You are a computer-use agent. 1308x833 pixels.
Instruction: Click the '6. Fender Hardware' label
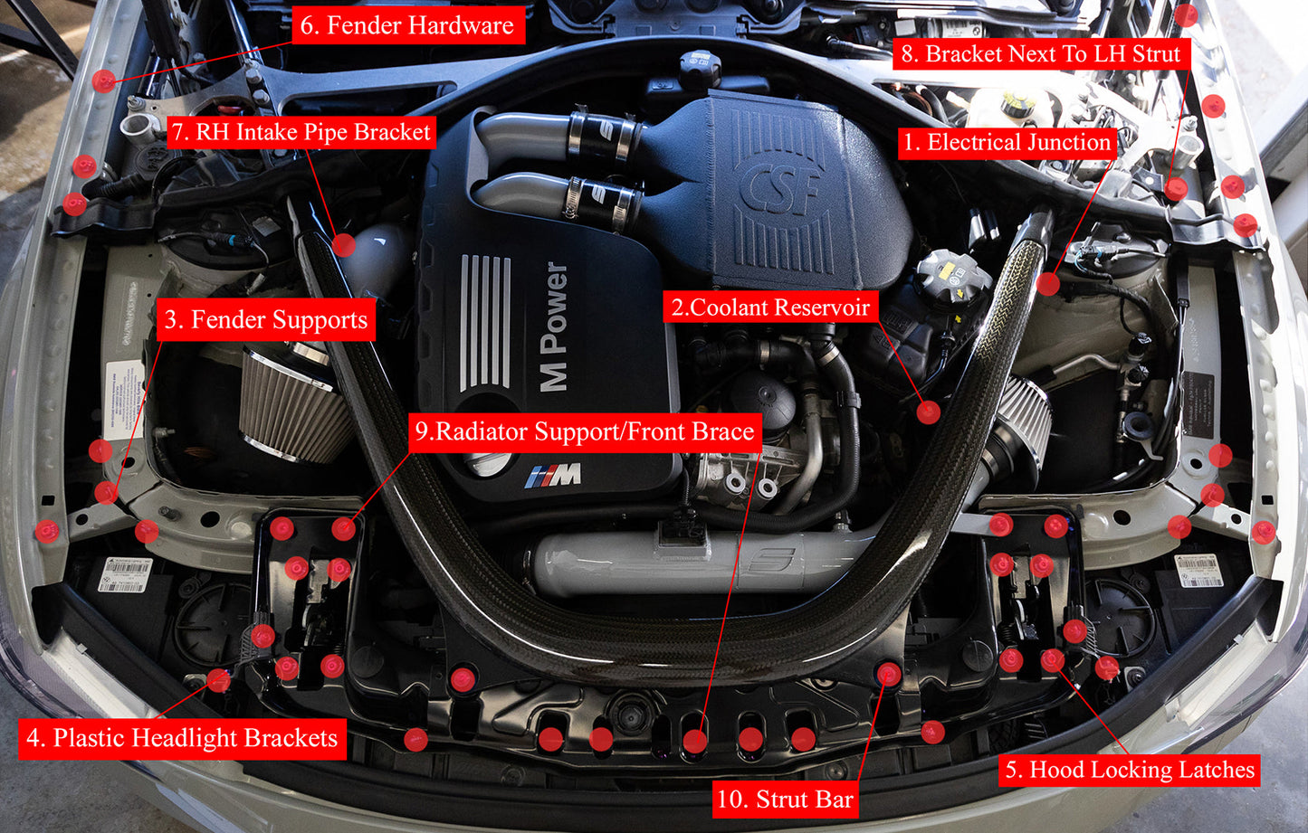click(x=406, y=25)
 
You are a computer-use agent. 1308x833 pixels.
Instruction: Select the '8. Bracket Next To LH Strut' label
click(x=1040, y=54)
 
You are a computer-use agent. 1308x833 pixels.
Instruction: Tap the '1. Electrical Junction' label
click(x=1006, y=142)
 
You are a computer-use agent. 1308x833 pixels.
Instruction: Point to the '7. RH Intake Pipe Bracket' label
click(x=301, y=132)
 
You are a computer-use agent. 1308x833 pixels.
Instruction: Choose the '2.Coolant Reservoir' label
click(x=770, y=308)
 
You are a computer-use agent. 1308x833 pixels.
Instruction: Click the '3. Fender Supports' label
click(x=266, y=320)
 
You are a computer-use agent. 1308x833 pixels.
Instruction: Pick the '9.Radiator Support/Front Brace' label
click(x=585, y=431)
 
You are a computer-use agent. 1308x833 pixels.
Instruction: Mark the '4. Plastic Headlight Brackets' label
click(x=182, y=738)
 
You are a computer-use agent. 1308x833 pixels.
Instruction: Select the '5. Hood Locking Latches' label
click(x=1130, y=770)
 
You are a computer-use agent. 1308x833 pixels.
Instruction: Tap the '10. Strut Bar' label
click(x=785, y=800)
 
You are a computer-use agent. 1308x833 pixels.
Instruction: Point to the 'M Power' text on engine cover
click(x=554, y=327)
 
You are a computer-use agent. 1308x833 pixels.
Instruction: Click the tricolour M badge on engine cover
click(x=553, y=475)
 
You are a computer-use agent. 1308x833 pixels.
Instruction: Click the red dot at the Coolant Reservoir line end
click(x=928, y=412)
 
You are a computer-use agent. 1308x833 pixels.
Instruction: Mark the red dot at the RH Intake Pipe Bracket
click(x=343, y=244)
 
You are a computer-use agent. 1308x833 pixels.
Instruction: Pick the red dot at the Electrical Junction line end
click(x=1048, y=284)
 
